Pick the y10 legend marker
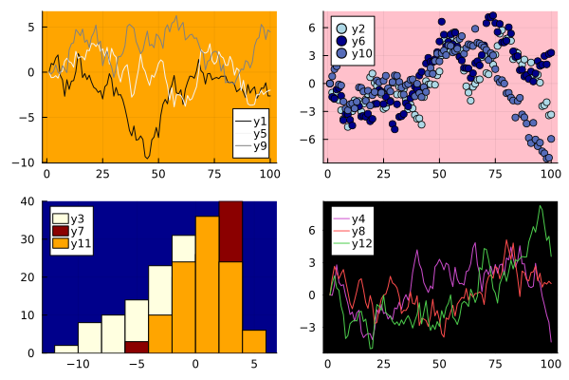pos(342,53)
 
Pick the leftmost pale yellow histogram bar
pos(65,349)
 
